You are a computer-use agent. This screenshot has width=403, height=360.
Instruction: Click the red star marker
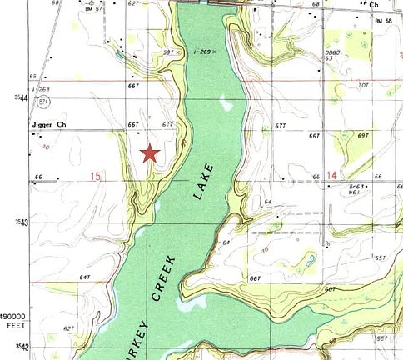150,152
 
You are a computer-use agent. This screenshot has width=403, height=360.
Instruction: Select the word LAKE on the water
204,182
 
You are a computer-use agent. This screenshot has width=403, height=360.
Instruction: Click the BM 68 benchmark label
384,19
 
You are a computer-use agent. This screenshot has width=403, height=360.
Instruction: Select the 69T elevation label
362,134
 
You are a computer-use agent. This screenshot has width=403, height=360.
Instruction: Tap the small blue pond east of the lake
310,263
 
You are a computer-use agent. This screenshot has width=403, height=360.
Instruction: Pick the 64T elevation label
84,276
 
